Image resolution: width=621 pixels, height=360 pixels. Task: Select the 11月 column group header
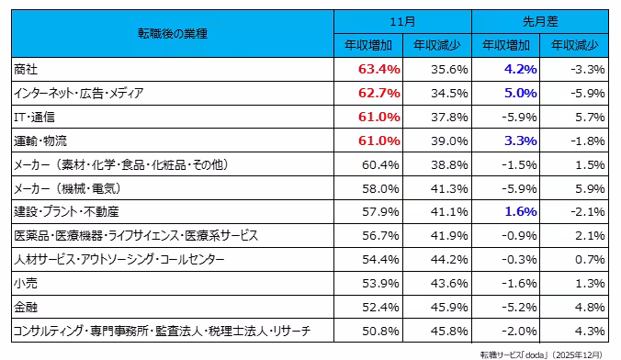point(402,21)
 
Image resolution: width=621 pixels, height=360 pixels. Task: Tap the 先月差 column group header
point(540,21)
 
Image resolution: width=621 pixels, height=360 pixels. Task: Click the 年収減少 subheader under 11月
point(437,45)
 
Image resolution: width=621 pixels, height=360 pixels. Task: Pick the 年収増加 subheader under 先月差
point(505,45)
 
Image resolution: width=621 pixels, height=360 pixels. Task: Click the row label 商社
point(27,69)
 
